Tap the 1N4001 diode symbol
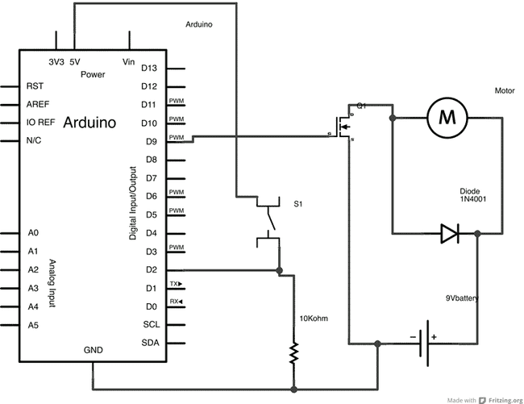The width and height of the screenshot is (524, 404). [449, 235]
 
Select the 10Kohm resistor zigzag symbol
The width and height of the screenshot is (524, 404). [295, 352]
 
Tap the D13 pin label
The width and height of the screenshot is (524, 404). [150, 68]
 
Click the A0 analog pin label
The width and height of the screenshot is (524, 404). [32, 233]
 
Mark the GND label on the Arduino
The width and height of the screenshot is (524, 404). [94, 351]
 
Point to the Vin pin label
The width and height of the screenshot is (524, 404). [127, 61]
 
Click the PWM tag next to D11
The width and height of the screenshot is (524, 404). [175, 103]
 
